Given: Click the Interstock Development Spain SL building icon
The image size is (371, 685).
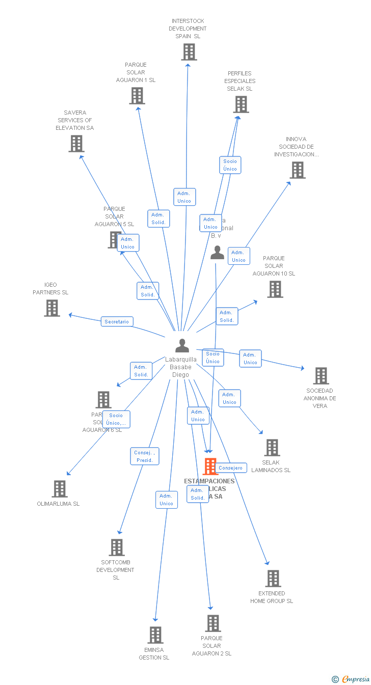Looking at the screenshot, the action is click(189, 52).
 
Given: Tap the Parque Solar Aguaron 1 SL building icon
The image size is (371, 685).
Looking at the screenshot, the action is click(137, 96).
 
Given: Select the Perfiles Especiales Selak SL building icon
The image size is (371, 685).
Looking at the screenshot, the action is click(241, 104).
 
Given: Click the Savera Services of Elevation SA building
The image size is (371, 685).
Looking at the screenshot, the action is click(76, 144).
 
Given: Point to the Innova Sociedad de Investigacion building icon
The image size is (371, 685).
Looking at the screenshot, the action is click(297, 170).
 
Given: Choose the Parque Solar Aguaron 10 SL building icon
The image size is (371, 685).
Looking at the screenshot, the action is click(275, 289).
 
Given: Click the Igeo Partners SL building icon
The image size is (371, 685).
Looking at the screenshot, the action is click(51, 308).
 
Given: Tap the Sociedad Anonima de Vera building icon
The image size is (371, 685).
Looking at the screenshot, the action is click(321, 376).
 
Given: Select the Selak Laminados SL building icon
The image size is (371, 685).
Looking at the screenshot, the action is click(272, 448).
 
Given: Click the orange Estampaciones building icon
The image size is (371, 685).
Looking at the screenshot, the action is click(210, 466).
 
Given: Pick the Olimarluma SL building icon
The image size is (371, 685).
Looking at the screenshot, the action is click(60, 489).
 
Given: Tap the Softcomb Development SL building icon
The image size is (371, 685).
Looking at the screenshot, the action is click(116, 547).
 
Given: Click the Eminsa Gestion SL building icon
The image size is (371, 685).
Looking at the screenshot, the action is click(155, 635).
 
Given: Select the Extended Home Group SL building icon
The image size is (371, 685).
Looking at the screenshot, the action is click(273, 579).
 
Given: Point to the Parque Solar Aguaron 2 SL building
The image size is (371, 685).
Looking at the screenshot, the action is click(213, 623).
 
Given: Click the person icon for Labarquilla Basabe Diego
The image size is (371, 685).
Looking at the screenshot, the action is click(182, 345).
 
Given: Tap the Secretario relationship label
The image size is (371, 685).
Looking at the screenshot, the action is click(117, 322).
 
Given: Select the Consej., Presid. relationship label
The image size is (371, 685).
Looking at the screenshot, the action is click(145, 456).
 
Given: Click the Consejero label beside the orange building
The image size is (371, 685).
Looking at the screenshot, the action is click(231, 468).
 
